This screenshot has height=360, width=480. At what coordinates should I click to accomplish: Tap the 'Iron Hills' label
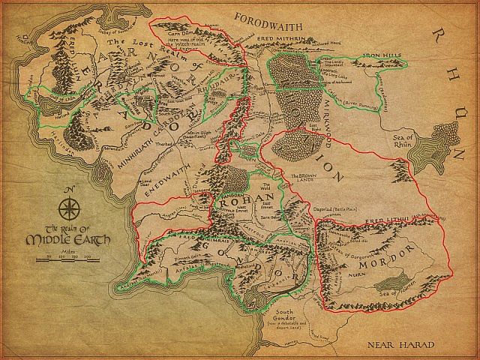pyautogui.click(x=382, y=56)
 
